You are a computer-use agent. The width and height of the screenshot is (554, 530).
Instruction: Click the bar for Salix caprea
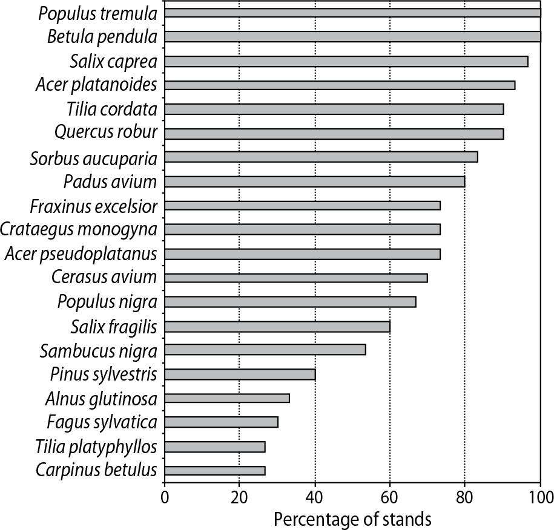tap(346, 61)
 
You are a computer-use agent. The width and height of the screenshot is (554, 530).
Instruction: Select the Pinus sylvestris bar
tap(240, 375)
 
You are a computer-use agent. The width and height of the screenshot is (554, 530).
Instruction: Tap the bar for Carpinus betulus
tap(214, 471)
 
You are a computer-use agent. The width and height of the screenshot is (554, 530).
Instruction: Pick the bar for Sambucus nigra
tap(265, 350)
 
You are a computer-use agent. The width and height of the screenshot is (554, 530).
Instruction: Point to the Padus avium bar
tap(314, 182)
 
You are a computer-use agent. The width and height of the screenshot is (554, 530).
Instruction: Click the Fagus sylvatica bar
tap(221, 422)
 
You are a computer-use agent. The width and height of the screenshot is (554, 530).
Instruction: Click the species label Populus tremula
tap(97, 13)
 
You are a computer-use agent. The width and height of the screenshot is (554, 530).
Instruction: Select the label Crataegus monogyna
tap(79, 229)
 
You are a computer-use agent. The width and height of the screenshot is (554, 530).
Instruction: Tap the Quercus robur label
tap(105, 132)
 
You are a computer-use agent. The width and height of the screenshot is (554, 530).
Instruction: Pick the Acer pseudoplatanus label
tap(80, 254)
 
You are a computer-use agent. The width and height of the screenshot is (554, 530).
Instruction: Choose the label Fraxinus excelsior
tap(93, 206)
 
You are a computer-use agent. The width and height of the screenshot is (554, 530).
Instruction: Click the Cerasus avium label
tap(104, 278)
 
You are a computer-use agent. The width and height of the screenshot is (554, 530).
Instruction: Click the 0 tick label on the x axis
tap(165, 498)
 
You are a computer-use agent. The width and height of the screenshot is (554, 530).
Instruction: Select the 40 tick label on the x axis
tap(315, 498)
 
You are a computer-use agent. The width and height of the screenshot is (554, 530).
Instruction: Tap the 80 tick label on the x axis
tap(464, 498)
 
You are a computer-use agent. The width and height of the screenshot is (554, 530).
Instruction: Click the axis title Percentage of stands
tap(352, 519)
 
